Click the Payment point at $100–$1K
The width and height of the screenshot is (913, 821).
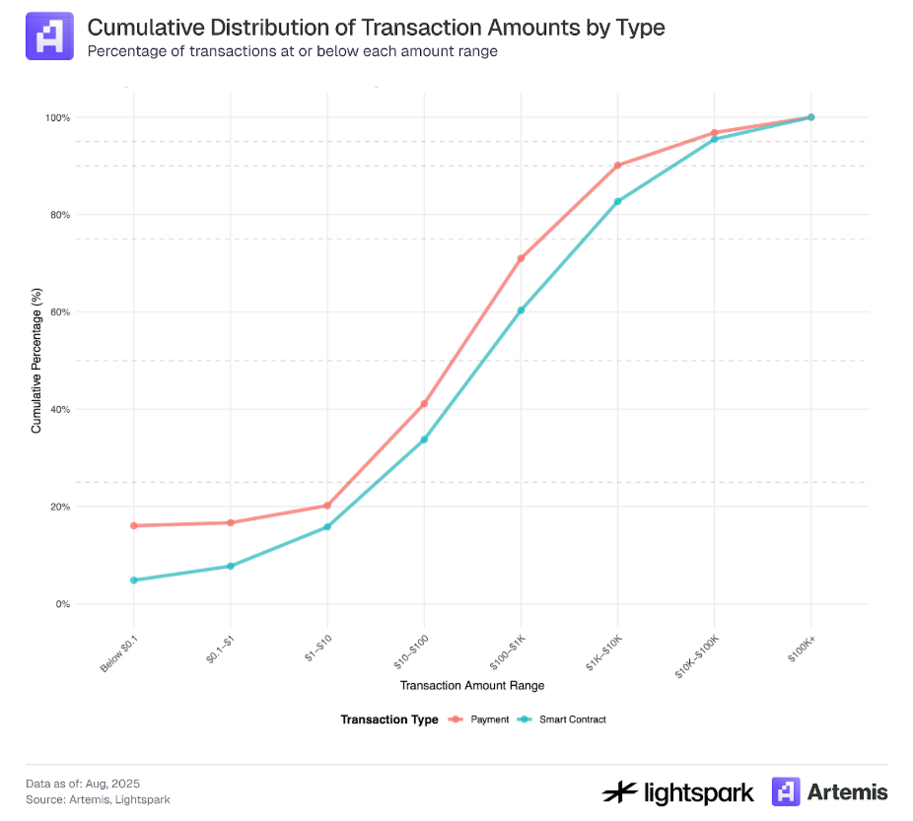[521, 258]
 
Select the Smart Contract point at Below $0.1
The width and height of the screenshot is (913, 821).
[133, 580]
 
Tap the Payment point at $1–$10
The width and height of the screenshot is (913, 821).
[326, 506]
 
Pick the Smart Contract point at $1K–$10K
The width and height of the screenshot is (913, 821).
[617, 201]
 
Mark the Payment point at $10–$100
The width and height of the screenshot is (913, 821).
[424, 403]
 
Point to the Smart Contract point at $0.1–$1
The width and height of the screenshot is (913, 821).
[230, 566]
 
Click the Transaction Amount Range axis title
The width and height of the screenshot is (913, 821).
[471, 685]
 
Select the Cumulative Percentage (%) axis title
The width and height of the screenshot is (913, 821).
[36, 361]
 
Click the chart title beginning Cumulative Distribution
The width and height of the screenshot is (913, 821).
[376, 28]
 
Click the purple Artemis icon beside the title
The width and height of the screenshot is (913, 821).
[49, 36]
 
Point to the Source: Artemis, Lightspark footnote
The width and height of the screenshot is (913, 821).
[91, 799]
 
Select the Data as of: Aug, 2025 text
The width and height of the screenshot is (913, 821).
[83, 784]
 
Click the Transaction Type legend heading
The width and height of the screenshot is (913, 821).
[389, 719]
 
